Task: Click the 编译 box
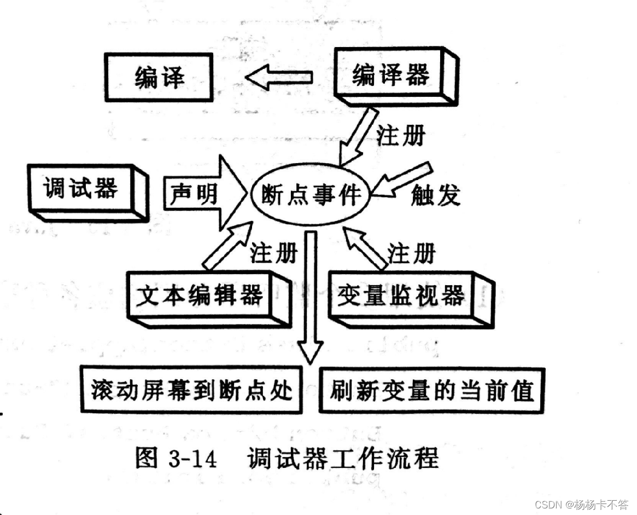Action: click(x=159, y=78)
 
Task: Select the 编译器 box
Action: click(x=391, y=76)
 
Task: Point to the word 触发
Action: click(x=436, y=195)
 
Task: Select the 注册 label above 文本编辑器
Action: click(x=273, y=253)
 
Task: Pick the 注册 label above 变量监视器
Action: click(x=412, y=253)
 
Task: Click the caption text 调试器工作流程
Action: click(x=343, y=458)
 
